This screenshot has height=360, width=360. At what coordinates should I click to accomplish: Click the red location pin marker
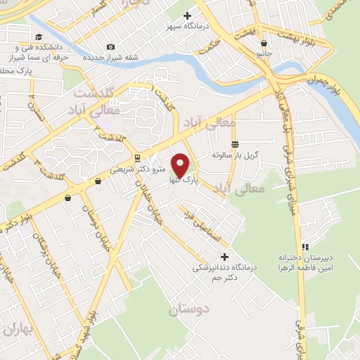point(182,165)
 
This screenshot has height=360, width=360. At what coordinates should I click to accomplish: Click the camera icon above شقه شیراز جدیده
point(110,46)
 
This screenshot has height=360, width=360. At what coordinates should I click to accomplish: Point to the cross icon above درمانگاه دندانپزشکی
point(224,257)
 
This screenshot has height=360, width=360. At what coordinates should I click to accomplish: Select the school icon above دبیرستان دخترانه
point(304,247)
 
